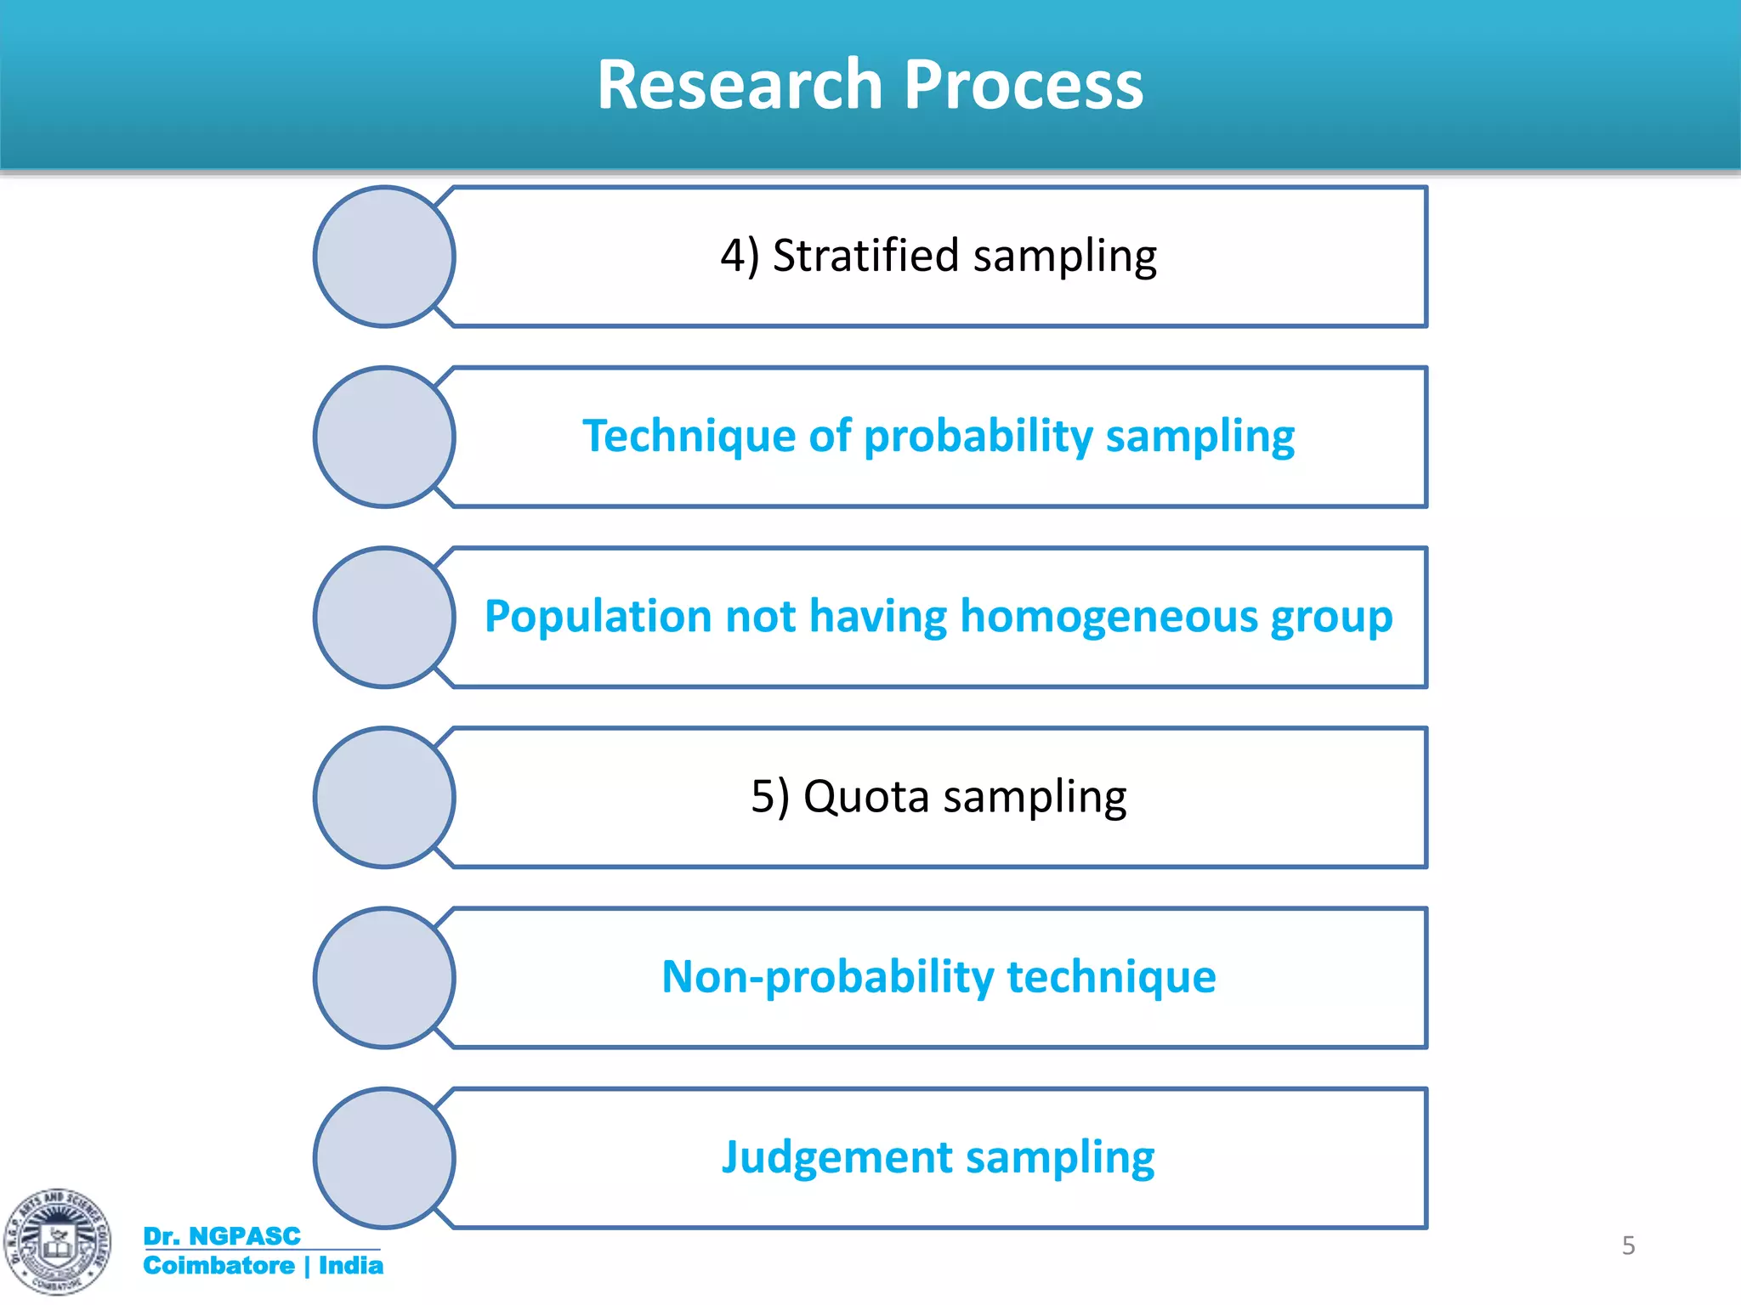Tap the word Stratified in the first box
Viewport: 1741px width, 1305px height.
tap(865, 256)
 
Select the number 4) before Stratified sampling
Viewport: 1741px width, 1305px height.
tap(739, 256)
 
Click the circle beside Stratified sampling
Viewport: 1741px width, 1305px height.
tap(384, 257)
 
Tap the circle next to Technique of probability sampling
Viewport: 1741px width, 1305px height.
tap(384, 437)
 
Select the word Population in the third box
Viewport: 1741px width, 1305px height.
tap(598, 616)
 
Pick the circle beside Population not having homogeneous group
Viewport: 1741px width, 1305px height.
tap(384, 617)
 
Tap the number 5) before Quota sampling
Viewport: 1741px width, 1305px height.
tap(769, 797)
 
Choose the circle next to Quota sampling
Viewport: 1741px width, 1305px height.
tap(384, 797)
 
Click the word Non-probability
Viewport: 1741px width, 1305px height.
tap(827, 977)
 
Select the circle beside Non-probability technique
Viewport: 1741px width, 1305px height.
tap(384, 977)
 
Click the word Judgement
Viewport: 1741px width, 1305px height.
tap(836, 1157)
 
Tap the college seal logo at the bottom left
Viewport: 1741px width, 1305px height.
tap(57, 1241)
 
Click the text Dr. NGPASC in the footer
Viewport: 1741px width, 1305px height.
tap(222, 1236)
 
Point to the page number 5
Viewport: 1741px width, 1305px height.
tap(1628, 1246)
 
